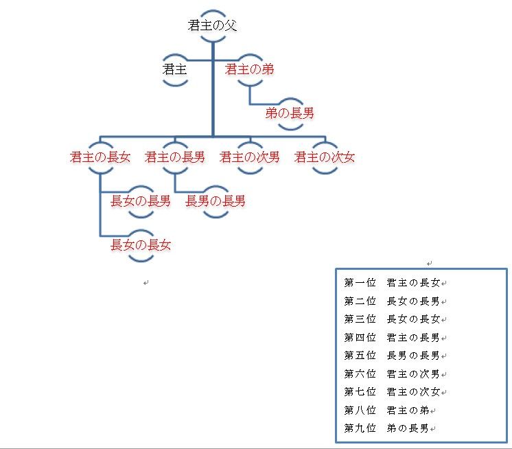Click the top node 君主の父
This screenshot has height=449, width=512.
[213, 25]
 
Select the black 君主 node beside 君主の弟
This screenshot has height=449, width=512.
[175, 69]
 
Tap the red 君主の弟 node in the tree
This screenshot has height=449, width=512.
[249, 69]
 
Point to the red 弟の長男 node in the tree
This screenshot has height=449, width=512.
[290, 113]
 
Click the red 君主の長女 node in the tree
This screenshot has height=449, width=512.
[100, 157]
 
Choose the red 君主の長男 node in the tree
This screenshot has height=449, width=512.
[175, 157]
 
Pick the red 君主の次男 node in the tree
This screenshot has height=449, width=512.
[250, 157]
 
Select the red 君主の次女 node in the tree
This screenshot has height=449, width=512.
[325, 157]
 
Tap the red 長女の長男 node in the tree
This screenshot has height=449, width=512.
[141, 201]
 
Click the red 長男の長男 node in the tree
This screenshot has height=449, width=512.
[216, 201]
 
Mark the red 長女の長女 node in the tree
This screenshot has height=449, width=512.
[141, 244]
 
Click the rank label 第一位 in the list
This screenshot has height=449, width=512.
[360, 283]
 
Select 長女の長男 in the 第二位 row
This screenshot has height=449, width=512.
[413, 301]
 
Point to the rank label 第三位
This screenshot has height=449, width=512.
[360, 319]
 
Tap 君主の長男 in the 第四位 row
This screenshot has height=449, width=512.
[413, 337]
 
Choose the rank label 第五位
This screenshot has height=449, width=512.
[360, 355]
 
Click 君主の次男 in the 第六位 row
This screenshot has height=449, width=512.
[413, 373]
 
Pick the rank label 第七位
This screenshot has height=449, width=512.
[360, 391]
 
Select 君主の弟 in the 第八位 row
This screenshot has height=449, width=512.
[408, 410]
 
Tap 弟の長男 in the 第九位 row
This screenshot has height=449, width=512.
[408, 428]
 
